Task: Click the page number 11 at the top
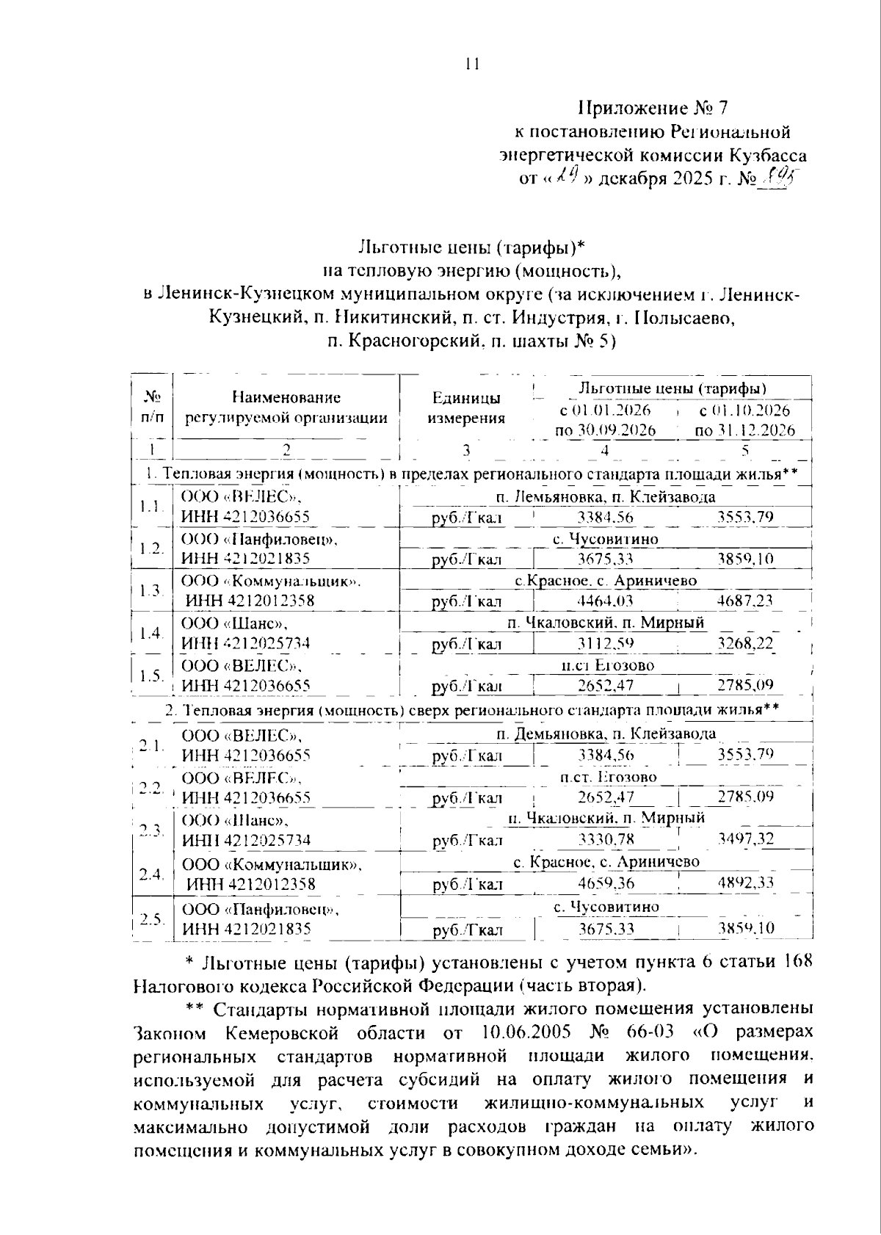click(472, 64)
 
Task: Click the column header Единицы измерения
click(466, 408)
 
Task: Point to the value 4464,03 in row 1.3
click(605, 601)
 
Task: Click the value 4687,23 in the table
click(744, 601)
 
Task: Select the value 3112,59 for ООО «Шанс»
click(605, 644)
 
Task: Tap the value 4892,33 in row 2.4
click(745, 883)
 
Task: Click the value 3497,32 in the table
click(745, 839)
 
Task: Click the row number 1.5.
click(151, 676)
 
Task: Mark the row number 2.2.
click(151, 788)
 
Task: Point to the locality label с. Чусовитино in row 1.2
click(606, 539)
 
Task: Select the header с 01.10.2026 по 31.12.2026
click(744, 419)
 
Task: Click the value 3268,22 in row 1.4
click(744, 644)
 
